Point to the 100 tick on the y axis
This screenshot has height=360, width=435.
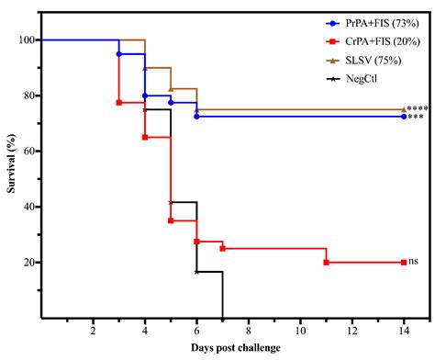point(25,40)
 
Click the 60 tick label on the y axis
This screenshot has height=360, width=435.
point(28,152)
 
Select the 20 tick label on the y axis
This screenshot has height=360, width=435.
point(28,263)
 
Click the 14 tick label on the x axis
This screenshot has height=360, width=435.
point(403,329)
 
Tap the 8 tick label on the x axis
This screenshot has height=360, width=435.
point(248,329)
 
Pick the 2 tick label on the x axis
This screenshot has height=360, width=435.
point(93,329)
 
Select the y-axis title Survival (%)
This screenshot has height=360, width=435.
point(8,178)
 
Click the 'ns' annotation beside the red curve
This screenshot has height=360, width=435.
point(413,262)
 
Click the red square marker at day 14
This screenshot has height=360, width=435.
point(403,262)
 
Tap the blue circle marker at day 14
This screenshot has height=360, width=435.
point(403,117)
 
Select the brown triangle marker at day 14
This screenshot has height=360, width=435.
point(403,109)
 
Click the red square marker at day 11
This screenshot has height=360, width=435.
point(326,262)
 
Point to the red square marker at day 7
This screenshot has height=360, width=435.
point(222,248)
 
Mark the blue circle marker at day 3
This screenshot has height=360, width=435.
point(118,54)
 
